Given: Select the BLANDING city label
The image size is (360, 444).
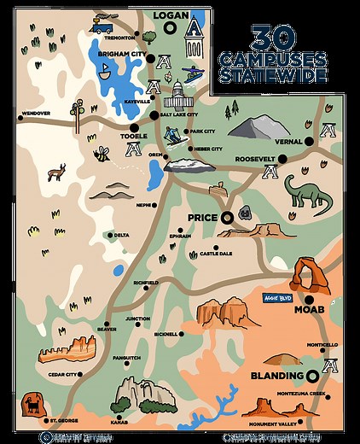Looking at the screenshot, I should [x=278, y=375].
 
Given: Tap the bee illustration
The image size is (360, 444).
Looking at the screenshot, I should [x=102, y=154].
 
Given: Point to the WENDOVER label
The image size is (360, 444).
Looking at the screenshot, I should [x=37, y=112].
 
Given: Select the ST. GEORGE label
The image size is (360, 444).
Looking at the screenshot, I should [x=65, y=420].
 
